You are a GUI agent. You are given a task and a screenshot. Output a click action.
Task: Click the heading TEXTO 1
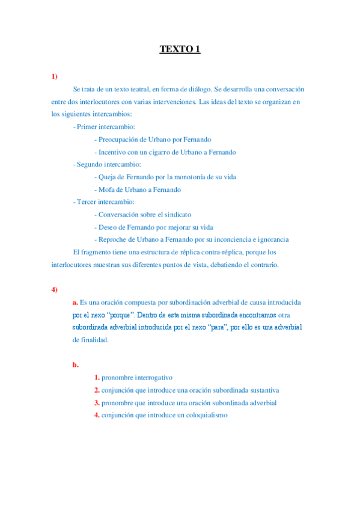point(180,49)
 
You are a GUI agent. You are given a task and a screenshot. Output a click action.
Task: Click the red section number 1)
point(54,76)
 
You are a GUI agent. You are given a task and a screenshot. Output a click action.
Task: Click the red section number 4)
point(54,289)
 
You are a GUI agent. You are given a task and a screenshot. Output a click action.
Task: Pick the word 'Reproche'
point(112,239)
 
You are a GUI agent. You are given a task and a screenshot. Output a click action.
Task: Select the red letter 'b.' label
point(75,364)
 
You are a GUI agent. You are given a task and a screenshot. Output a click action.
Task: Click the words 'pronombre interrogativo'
point(137,377)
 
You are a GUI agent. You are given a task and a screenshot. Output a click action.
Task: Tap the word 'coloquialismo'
point(202,415)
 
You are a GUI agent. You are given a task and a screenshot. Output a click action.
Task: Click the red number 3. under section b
point(97,402)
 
